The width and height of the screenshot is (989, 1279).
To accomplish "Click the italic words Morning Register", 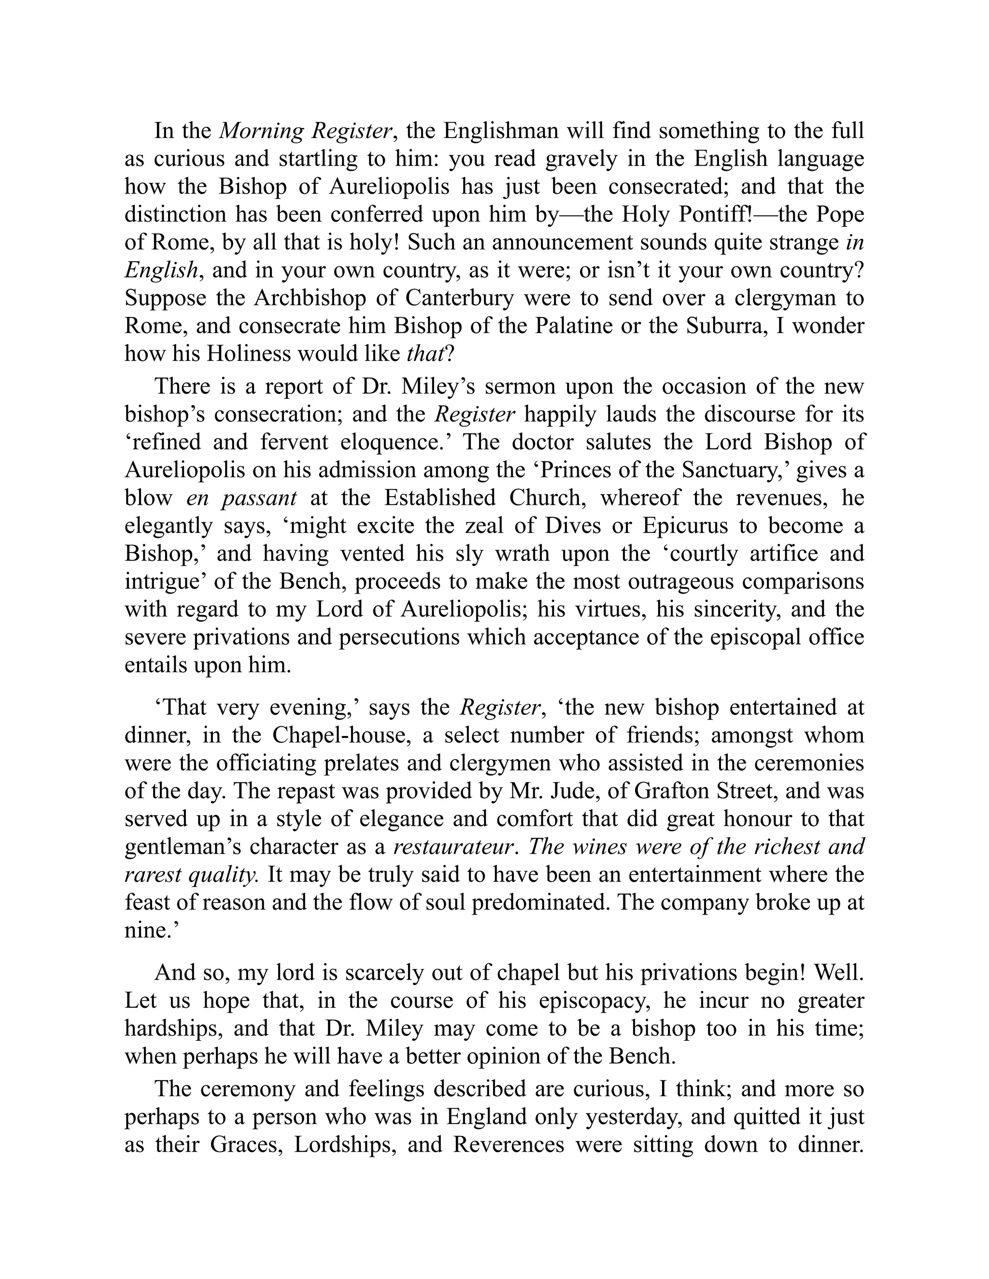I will (x=305, y=131).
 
